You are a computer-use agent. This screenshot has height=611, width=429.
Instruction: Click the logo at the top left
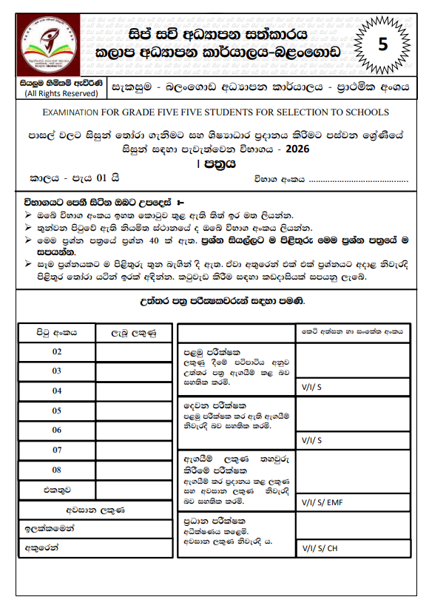[x=51, y=43]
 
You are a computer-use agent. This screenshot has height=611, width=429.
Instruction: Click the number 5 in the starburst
[x=382, y=44]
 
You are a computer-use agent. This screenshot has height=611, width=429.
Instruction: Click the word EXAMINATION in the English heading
[x=70, y=112]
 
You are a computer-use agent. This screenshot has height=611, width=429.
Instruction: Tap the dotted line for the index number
[x=359, y=179]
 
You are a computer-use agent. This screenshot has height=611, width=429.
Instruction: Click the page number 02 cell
[x=57, y=351]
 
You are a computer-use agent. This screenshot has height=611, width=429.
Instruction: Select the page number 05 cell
[x=57, y=411]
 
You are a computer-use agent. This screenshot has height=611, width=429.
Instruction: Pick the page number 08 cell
[x=57, y=470]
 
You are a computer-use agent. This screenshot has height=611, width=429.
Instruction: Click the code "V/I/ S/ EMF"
[x=322, y=503]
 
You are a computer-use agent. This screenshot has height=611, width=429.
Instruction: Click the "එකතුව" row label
[x=57, y=489]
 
